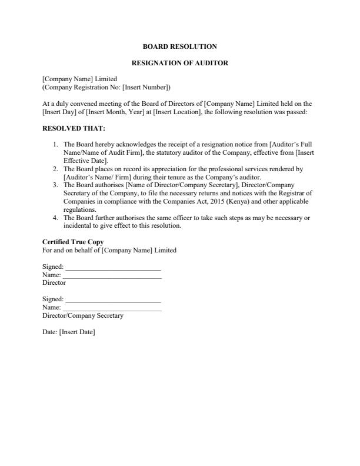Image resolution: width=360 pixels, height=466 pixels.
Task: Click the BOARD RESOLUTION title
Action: click(x=179, y=46)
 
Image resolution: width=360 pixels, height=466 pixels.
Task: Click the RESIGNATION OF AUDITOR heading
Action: click(x=179, y=63)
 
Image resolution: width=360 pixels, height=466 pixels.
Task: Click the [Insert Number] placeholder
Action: click(x=146, y=88)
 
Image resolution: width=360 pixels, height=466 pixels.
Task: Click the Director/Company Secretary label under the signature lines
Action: click(x=83, y=316)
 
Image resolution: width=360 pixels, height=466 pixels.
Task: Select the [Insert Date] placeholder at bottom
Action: click(x=76, y=332)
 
